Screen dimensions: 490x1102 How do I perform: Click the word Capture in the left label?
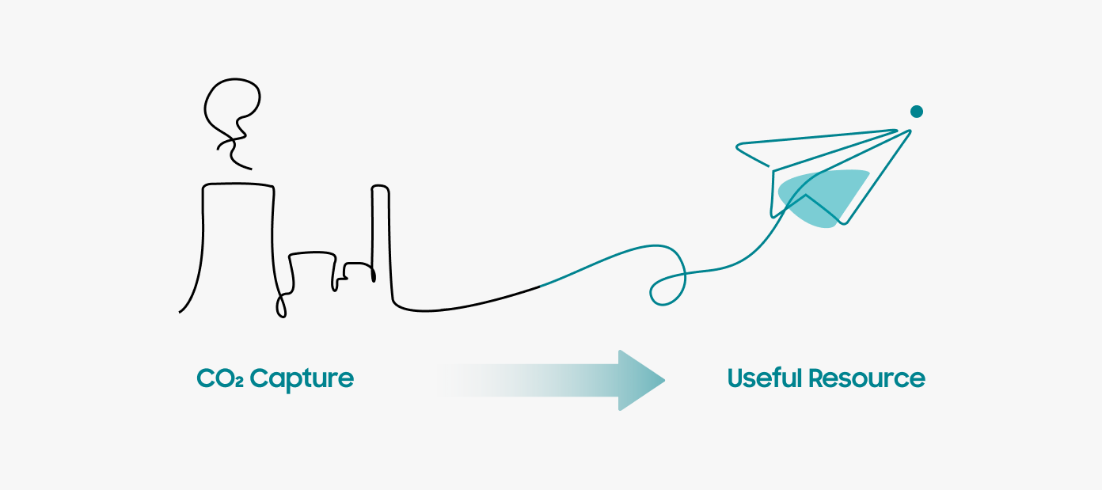click(302, 378)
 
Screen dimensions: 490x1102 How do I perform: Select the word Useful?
click(763, 378)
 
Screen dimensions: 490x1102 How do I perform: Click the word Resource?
click(866, 378)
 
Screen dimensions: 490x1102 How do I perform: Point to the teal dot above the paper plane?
click(917, 112)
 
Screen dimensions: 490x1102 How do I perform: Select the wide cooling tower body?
click(237, 245)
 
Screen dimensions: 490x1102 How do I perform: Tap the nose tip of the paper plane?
click(910, 130)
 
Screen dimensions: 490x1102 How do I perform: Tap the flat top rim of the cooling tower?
click(238, 184)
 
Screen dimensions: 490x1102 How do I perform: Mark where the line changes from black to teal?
click(540, 285)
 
